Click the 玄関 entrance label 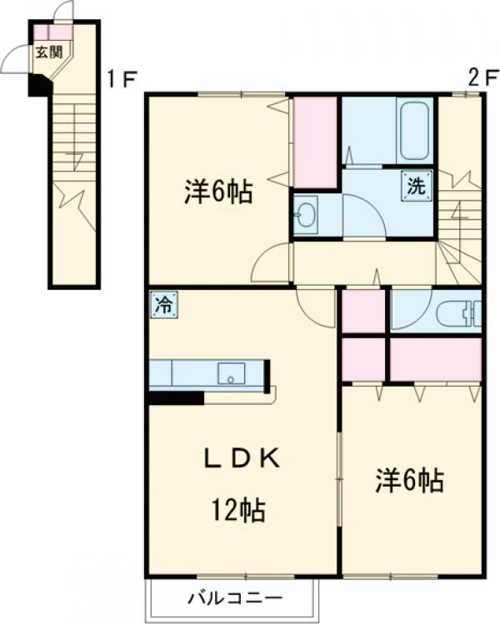48,52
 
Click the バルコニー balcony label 235,597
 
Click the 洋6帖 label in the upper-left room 218,193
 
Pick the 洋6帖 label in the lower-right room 408,481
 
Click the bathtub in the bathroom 413,131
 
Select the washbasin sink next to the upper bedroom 305,215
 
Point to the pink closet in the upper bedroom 314,142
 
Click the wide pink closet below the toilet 435,359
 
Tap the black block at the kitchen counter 176,398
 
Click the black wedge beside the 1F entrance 38,85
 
